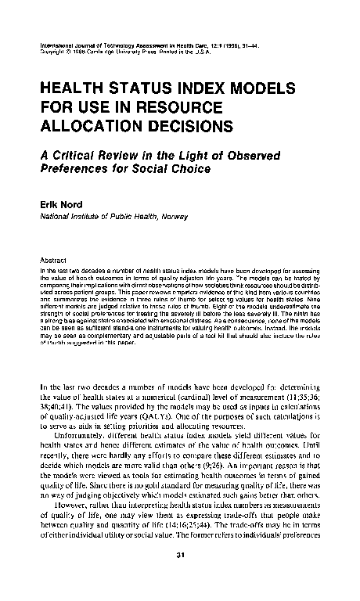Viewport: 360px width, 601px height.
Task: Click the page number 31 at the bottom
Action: (179, 556)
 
